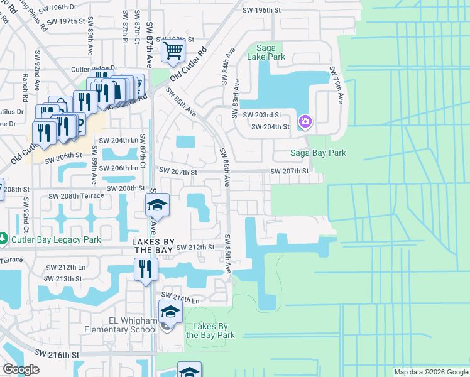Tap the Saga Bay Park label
click(318, 153)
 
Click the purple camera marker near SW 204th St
click(305, 121)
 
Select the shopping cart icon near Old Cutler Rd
click(173, 50)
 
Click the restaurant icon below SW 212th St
click(146, 269)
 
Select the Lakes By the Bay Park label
click(210, 331)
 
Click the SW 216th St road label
click(56, 355)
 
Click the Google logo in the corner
click(21, 369)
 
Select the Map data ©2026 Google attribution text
click(431, 372)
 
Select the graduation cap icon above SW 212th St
click(158, 205)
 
